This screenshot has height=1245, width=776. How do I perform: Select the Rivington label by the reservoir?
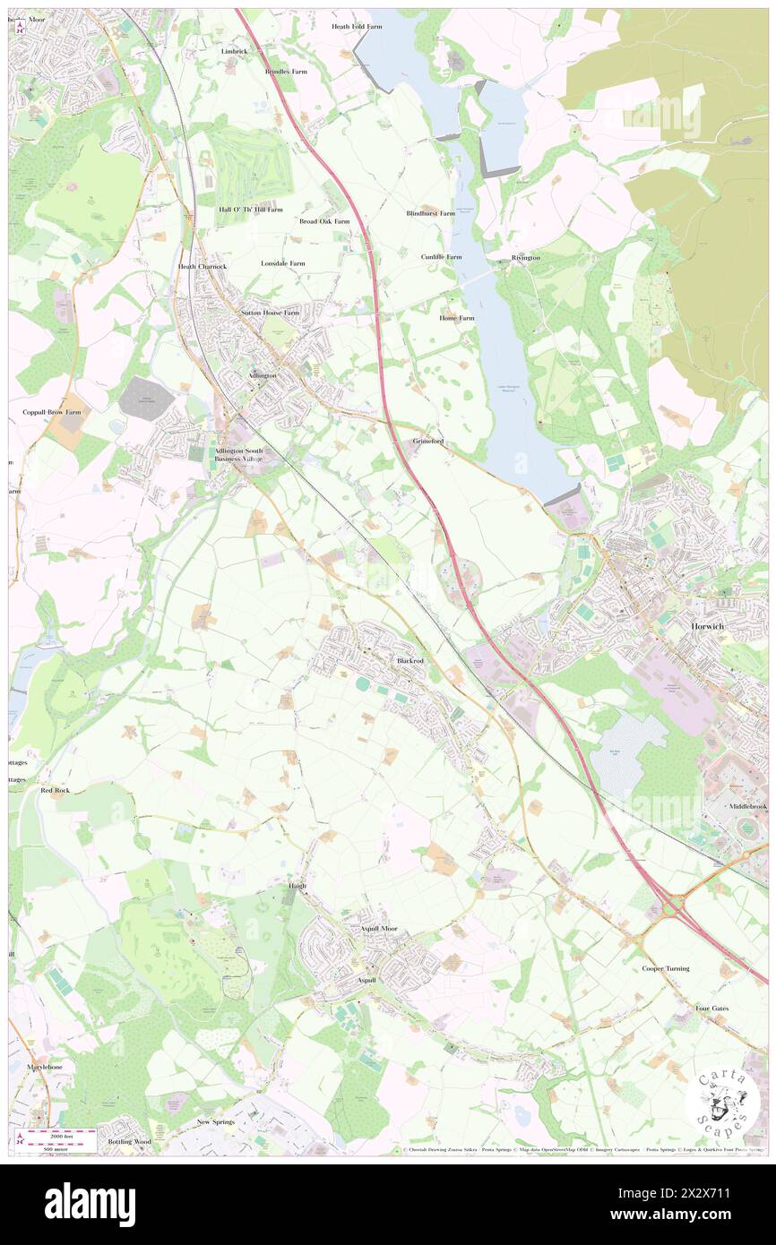coord(525,258)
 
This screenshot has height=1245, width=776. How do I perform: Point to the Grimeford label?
coord(427,442)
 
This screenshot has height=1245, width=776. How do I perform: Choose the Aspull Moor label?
coord(378,930)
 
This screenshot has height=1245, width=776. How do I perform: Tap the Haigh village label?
coord(297,886)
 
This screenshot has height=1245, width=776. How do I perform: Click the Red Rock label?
coord(56,791)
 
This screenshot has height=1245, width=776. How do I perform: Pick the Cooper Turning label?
coord(665,969)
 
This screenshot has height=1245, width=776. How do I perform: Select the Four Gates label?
coord(711,1009)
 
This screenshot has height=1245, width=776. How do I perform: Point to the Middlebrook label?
coord(747,806)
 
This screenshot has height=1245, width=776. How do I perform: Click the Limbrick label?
coord(234,51)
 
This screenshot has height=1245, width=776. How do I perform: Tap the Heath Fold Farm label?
coord(357,27)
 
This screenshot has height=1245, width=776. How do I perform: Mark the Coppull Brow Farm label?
coord(52,412)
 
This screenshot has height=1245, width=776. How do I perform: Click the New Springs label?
coord(215,1122)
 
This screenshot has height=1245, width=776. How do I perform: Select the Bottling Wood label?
coord(129,1142)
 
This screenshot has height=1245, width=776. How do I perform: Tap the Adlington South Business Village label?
coord(239,454)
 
